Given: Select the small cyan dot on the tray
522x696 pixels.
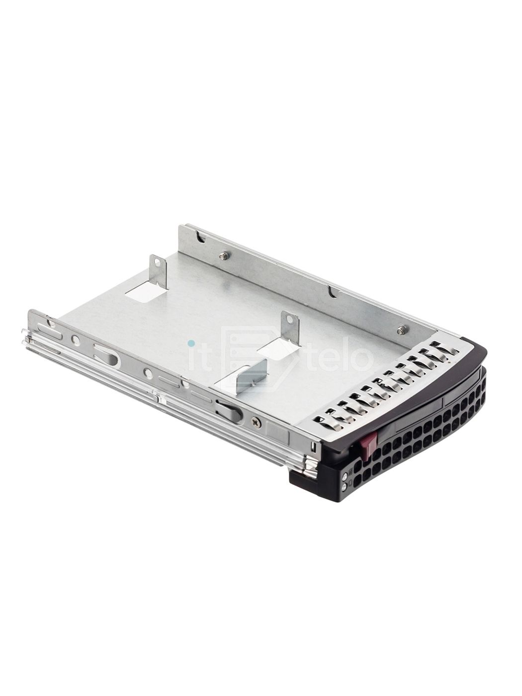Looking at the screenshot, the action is [191, 343].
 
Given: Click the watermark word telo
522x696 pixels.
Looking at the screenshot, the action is [340, 358].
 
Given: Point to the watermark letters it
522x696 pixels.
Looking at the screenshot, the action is [202, 357].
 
